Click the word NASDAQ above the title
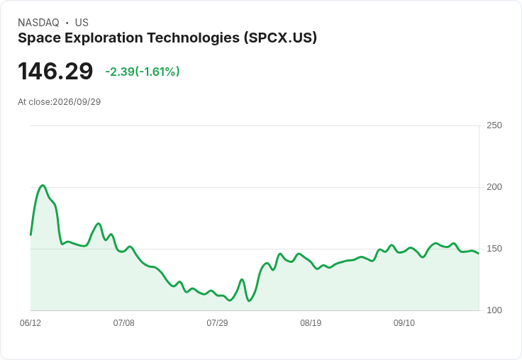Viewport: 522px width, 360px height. coord(38,23)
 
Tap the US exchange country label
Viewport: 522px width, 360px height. coord(82,23)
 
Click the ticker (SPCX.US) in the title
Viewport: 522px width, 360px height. coord(280,38)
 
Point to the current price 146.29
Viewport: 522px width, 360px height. coord(55,71)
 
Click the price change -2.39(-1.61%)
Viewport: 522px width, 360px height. coord(143,72)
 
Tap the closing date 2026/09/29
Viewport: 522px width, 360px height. coord(77,102)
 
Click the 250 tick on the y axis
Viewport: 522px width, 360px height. coord(494,125)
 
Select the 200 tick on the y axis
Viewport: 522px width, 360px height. coord(494,187)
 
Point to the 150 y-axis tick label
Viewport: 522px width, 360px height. coord(494,249)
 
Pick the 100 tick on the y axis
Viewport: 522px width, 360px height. coord(494,310)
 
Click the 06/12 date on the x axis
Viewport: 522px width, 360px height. coord(30,322)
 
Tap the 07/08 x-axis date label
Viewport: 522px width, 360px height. coord(124,322)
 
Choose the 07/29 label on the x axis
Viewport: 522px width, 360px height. coord(218,322)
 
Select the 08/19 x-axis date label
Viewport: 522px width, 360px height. coord(311,322)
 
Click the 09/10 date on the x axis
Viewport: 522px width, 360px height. coord(404,322)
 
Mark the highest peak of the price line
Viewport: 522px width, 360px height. coord(43,186)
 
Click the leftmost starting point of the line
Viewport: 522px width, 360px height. coord(30,235)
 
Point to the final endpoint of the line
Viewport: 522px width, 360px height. coord(479,254)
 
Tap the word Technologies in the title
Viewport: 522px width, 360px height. coord(194,38)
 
